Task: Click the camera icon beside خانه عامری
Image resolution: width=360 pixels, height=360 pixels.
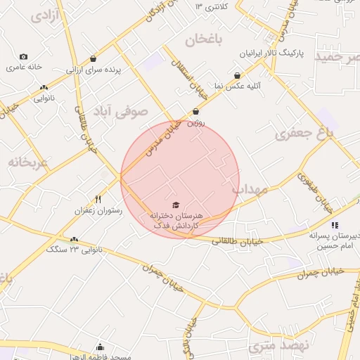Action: tap(24, 56)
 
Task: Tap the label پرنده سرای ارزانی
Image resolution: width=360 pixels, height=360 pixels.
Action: tap(94, 70)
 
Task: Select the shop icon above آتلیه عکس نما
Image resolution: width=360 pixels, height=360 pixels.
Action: tap(237, 75)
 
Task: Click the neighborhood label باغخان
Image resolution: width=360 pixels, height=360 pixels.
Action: tap(204, 40)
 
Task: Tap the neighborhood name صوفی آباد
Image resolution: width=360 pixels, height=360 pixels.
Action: tap(125, 111)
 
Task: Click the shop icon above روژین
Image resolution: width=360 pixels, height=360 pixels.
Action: tap(195, 111)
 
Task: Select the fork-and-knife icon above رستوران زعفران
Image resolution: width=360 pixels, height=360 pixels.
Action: tap(98, 200)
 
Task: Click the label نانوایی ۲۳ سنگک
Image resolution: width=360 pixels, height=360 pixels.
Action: tap(74, 249)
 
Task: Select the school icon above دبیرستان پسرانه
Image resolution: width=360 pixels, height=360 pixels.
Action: tap(335, 225)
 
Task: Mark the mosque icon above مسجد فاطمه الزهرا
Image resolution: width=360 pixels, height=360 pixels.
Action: tap(101, 347)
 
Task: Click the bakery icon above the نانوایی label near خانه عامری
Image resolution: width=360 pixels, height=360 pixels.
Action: tap(44, 88)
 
